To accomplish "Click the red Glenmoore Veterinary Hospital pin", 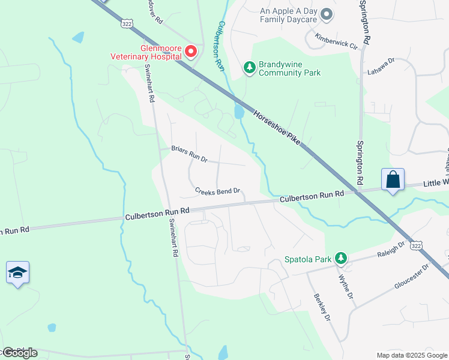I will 191,52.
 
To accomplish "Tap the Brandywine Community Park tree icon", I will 250,67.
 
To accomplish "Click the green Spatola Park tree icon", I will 341,259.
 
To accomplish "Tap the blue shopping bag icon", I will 393,179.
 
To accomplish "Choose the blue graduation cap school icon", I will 17,273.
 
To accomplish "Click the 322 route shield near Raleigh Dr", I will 415,245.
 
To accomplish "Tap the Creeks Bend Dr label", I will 217,191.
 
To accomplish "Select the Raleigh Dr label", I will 391,248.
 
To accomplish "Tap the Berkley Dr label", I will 322,307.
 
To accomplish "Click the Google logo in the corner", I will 20,353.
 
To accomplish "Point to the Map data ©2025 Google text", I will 411,355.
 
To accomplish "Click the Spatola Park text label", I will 308,260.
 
